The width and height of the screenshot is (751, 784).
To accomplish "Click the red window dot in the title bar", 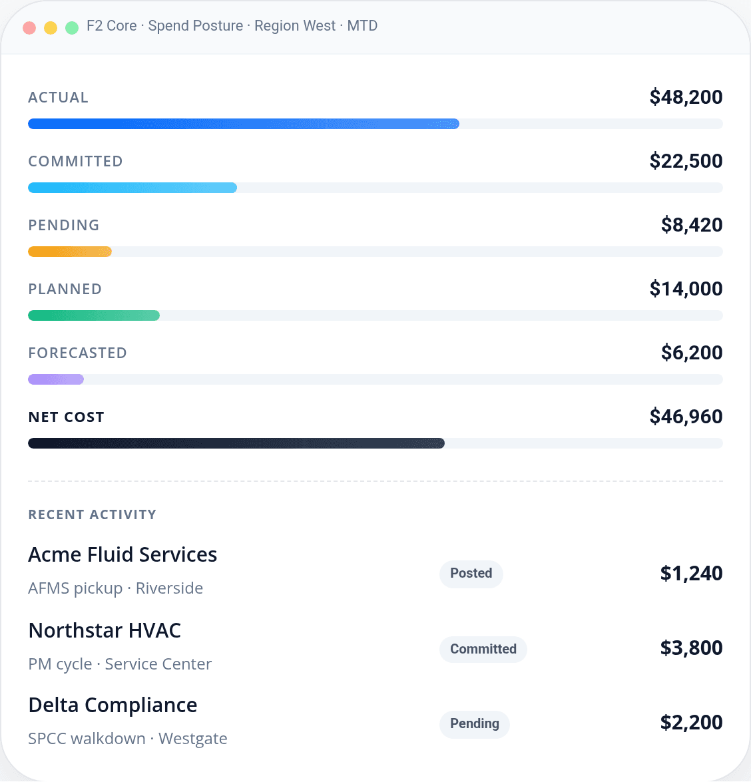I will pos(29,28).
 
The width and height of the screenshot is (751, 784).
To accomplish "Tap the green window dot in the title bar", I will pos(72,28).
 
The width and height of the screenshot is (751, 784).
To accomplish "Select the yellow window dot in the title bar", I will pos(51,28).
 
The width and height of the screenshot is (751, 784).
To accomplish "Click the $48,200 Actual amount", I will pos(686,97).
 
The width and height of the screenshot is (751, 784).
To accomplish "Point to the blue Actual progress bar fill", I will pos(243,124).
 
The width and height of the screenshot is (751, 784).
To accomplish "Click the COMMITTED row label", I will pos(75,161).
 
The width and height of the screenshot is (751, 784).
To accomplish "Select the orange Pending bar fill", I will pos(69,252).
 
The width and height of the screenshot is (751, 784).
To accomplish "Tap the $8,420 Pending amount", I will pos(691,225).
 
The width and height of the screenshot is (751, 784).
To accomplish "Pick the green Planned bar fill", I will pos(93,315).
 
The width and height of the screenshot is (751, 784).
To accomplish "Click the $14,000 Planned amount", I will pos(686,289).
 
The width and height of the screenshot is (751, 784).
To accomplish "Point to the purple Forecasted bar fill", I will pos(55,379).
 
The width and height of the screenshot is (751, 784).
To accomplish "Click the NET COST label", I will pos(66,417).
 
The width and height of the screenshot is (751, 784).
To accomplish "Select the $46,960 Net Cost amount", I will pos(686,417).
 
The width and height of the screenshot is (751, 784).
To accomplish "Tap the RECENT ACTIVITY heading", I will pos(92,514).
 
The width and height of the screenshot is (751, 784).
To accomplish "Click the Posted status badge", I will pos(471,574).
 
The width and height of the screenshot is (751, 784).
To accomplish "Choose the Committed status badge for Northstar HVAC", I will pos(483,650).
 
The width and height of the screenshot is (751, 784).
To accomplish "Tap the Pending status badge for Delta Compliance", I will pos(474,724).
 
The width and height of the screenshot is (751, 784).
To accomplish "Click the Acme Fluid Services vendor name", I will pos(123,554).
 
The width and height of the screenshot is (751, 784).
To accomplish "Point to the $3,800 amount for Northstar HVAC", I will pos(691,648).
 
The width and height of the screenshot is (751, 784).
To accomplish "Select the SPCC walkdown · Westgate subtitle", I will pos(127,739).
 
